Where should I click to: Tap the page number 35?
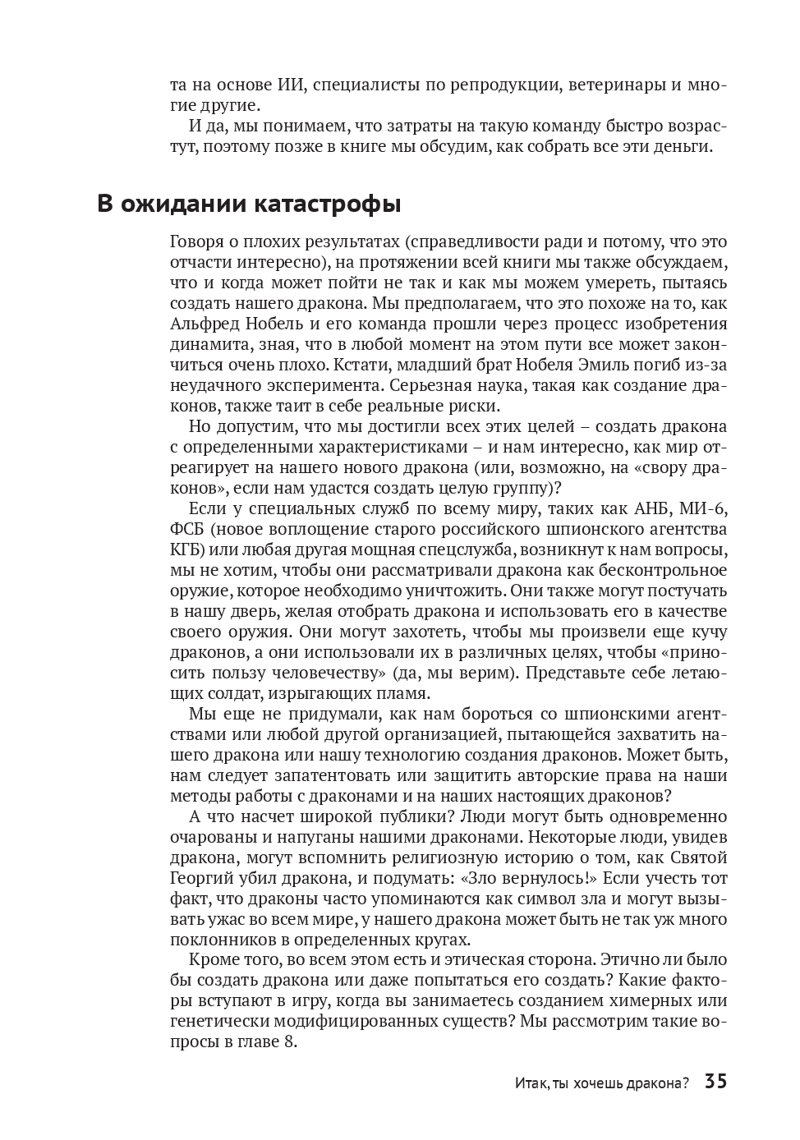[x=715, y=1082]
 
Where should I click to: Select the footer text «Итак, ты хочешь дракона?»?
[x=602, y=1083]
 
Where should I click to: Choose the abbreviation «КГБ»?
[x=186, y=549]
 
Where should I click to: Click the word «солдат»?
[x=205, y=693]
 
